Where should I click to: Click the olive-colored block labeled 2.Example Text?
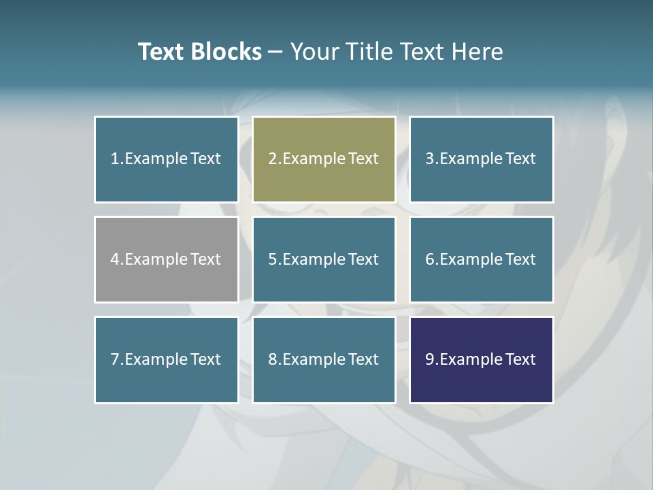324,159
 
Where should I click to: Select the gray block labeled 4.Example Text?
167,259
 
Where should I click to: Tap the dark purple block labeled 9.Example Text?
481,359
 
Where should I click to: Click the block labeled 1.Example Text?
167,159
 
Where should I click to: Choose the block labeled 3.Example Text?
481,159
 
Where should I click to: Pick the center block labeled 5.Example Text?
324,259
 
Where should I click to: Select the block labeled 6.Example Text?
481,259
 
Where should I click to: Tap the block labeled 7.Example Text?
167,359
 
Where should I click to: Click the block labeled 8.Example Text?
324,359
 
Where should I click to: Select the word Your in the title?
314,52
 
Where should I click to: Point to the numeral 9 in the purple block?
429,359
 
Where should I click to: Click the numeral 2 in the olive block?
272,159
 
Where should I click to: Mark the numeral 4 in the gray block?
114,259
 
